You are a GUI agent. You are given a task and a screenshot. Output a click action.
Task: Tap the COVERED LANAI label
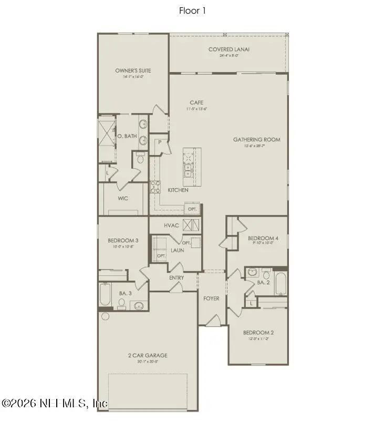[228, 50]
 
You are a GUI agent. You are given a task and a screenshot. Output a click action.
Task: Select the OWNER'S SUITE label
[129, 70]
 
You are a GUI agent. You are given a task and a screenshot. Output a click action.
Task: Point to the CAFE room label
[197, 103]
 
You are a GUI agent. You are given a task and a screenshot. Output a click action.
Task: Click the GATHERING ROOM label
[257, 140]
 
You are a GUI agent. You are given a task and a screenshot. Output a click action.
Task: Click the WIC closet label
[123, 198]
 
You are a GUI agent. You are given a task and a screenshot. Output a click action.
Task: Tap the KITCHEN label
[178, 190]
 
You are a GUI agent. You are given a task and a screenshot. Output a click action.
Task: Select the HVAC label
[171, 225]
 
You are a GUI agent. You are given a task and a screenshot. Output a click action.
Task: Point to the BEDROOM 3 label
[123, 240]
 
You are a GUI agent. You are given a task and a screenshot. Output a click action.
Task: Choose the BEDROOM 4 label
[263, 238]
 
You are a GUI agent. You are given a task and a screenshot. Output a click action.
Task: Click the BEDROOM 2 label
[258, 333]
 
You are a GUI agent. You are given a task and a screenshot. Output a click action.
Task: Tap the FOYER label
[211, 299]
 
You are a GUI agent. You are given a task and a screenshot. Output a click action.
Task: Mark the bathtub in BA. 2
[281, 284]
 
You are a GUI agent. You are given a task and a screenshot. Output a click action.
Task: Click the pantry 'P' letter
[159, 142]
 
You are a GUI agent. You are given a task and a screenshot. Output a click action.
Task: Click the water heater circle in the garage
[104, 317]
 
